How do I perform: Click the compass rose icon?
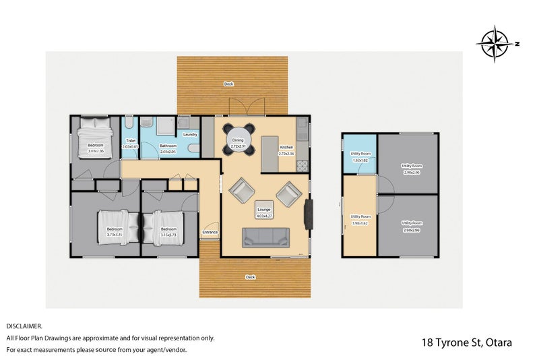point(496,44)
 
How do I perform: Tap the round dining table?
point(239,138)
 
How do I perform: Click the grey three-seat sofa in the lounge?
point(266,237)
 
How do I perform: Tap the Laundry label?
point(190,134)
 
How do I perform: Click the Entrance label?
point(210,233)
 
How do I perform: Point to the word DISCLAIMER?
point(24,326)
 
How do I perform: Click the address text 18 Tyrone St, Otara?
point(466,342)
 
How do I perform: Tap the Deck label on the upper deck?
point(229,84)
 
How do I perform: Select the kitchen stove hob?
point(303,164)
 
